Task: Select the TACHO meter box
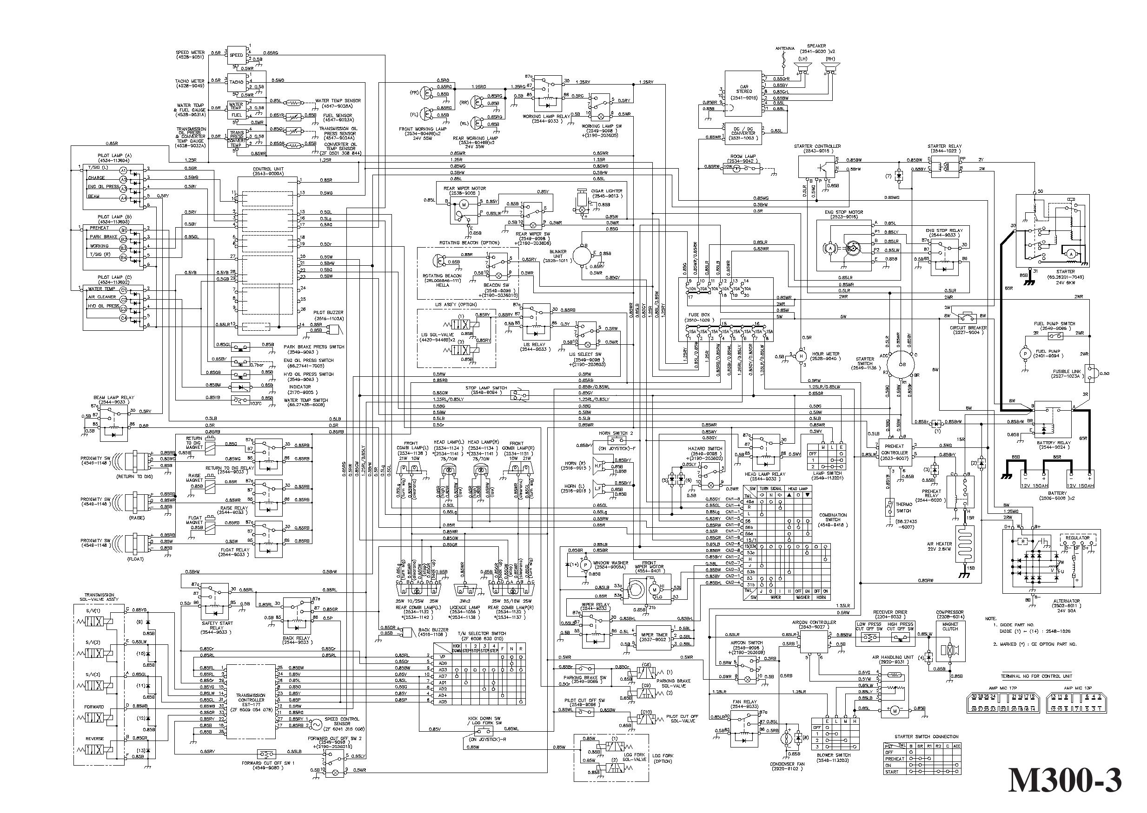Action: click(236, 82)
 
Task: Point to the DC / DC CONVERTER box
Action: click(743, 133)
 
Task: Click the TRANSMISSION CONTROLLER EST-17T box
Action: click(251, 701)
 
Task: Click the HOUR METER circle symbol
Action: click(801, 356)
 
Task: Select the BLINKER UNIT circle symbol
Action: click(582, 256)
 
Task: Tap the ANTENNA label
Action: click(785, 49)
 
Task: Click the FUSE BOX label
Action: click(700, 315)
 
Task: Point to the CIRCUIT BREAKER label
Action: click(968, 328)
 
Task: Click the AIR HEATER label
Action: click(939, 544)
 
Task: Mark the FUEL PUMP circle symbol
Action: click(1025, 354)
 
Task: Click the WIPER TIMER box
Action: click(654, 637)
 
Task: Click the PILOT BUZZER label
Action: click(328, 312)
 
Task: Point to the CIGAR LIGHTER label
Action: click(607, 191)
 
